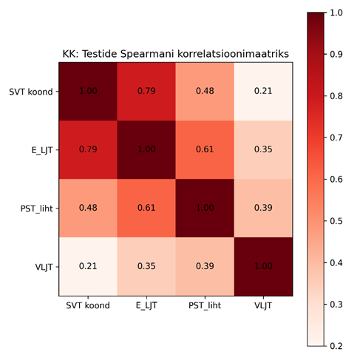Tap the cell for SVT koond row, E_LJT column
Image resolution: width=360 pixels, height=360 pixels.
coord(146,92)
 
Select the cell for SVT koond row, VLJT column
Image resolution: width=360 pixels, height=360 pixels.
coord(263,92)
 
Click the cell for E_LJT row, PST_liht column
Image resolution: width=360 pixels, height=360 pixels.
coord(205,150)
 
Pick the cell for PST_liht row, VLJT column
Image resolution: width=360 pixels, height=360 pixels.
coord(263,208)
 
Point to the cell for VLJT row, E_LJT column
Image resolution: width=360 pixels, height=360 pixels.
coord(146,267)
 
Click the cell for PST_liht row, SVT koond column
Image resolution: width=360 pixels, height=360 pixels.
coord(88,208)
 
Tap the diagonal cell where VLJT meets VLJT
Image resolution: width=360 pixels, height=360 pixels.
coord(263,267)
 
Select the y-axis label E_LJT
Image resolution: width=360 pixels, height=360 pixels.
coord(42,150)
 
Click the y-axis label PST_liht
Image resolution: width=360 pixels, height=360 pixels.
coord(37,208)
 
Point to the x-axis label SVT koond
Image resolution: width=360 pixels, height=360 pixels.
coord(88,305)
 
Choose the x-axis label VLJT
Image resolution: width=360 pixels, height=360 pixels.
coord(263,306)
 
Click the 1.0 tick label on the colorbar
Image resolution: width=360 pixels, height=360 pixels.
coord(336,13)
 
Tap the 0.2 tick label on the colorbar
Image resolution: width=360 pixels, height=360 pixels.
coord(336,346)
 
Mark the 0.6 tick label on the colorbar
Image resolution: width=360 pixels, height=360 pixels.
coord(336,179)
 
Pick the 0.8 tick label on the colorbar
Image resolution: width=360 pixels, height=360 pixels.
coord(336,96)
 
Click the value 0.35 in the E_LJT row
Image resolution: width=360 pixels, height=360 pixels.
coord(263,149)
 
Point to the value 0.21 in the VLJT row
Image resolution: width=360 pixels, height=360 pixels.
coord(88,266)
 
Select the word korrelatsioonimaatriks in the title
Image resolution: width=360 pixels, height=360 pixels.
coord(233,54)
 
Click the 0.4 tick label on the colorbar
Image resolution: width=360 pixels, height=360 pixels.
coord(336,262)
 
